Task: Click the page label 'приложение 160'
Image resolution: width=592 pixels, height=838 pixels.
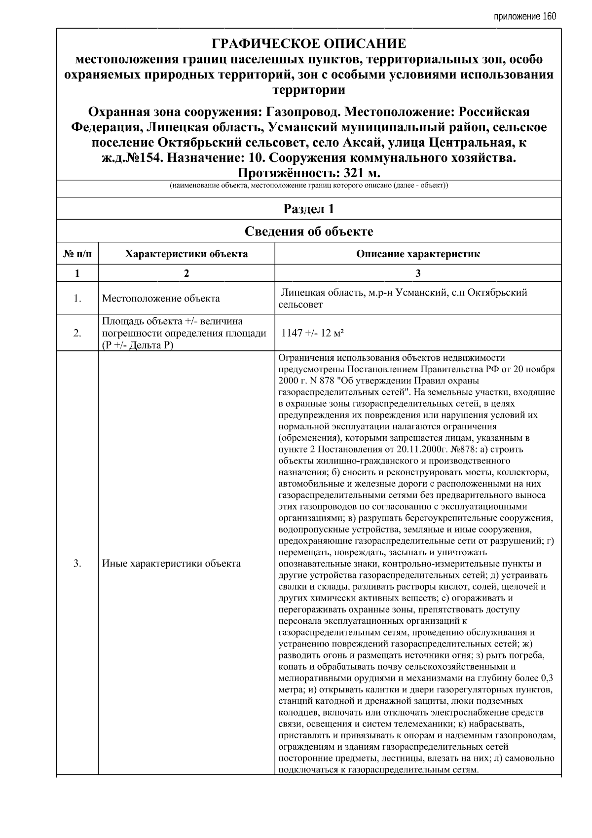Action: tap(524, 17)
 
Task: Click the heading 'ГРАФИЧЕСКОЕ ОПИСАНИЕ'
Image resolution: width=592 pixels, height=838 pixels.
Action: tap(309, 44)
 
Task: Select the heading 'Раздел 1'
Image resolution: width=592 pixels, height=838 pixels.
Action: tap(309, 209)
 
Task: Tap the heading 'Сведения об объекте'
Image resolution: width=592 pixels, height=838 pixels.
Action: tap(309, 231)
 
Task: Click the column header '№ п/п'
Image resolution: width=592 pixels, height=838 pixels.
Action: tap(77, 254)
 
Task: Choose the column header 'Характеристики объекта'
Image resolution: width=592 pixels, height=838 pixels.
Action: tap(186, 254)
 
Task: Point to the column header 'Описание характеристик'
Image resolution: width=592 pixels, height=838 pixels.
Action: tap(418, 254)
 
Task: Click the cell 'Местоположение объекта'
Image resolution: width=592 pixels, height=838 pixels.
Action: tap(161, 298)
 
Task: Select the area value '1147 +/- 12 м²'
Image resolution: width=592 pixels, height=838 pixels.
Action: tap(312, 333)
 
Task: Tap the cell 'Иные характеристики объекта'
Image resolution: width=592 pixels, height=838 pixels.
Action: tap(171, 563)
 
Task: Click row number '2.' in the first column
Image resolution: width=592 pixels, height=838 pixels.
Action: tap(77, 333)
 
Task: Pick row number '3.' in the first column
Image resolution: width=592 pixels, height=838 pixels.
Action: tap(77, 563)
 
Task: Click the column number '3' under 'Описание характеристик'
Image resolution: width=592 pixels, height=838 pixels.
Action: tap(418, 273)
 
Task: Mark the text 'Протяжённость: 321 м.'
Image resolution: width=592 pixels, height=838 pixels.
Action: tap(309, 173)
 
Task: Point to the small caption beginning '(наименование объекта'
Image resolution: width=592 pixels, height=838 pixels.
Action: tap(309, 186)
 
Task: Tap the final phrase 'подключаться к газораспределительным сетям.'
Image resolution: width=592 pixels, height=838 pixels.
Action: tap(378, 769)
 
